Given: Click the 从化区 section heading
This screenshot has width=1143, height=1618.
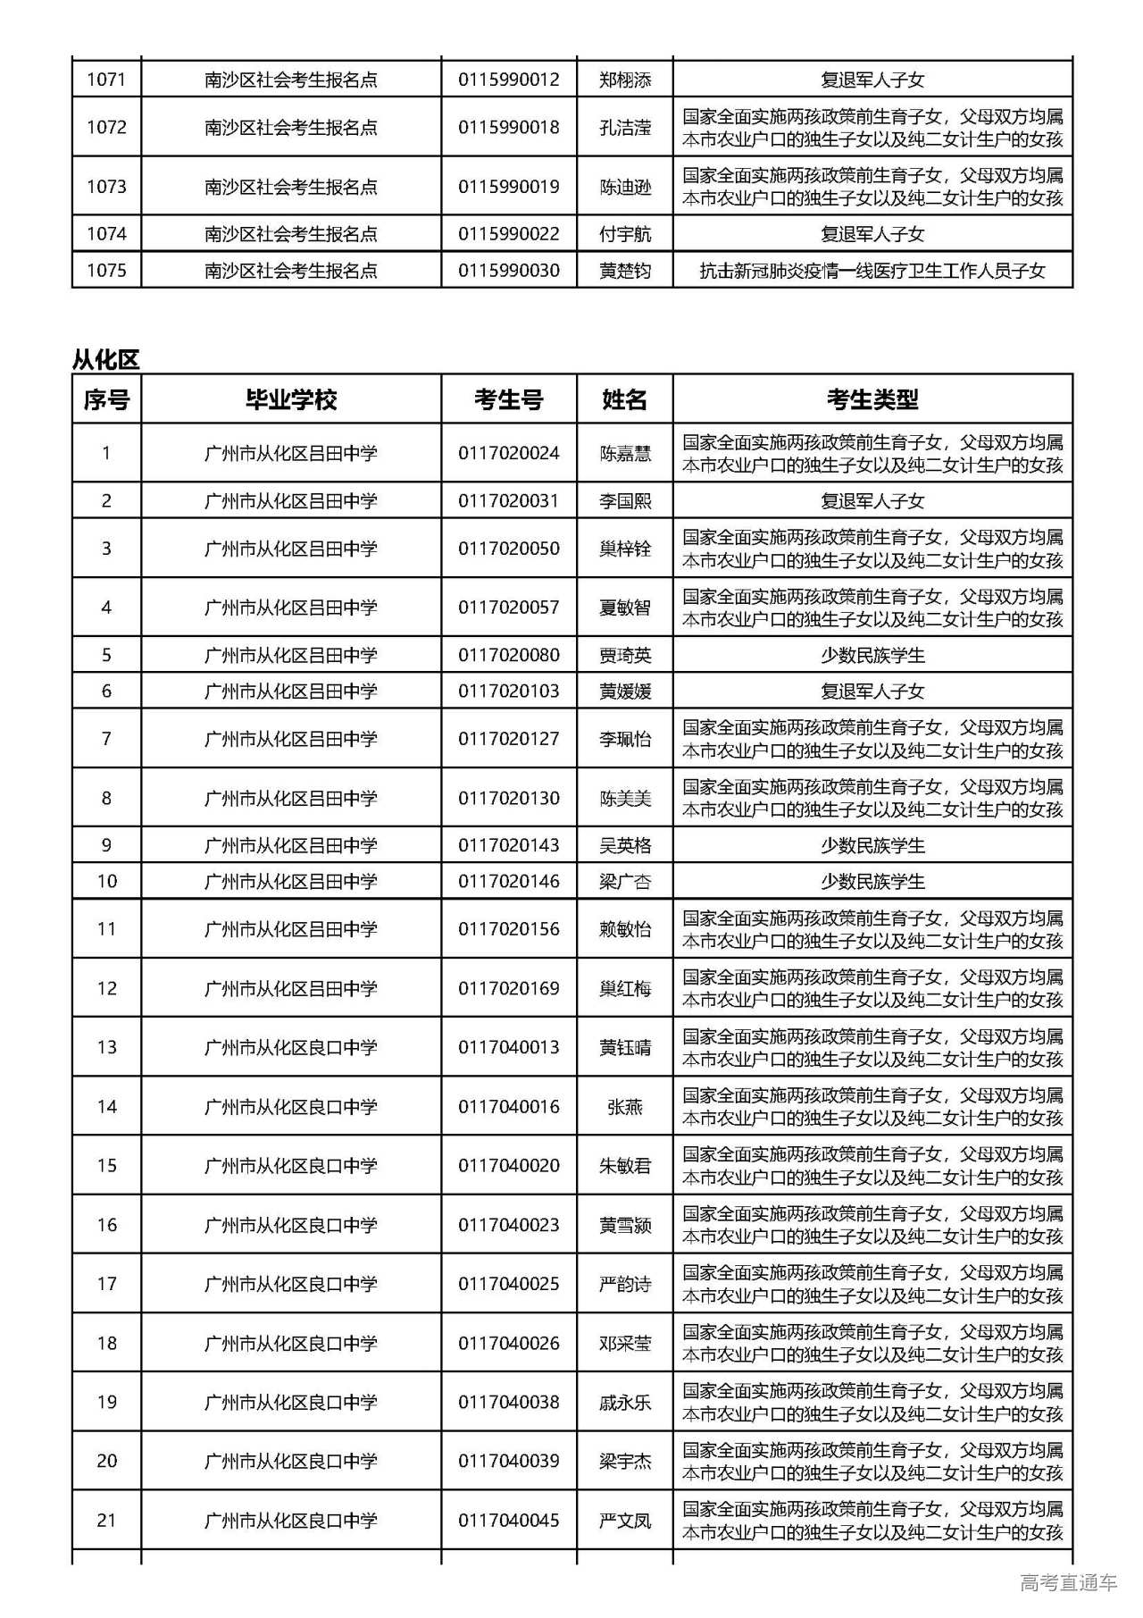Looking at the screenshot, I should pos(105,360).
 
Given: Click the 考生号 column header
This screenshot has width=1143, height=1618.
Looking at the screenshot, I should pos(508,399).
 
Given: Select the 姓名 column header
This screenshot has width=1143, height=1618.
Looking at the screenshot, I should pos(624,399).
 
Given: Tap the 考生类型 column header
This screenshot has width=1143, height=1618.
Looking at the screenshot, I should pos(872,399).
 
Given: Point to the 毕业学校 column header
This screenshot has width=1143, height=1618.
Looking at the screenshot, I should pos(291,399).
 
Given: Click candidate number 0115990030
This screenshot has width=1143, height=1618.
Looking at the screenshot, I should pos(508,271).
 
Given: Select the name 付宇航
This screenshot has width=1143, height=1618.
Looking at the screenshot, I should pos(624,234).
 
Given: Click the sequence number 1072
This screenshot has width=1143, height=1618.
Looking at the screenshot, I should pos(106,127).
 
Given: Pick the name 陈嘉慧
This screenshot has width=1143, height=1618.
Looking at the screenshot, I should pos(624,454).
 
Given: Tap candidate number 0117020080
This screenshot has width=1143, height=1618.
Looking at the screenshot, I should pos(508,655).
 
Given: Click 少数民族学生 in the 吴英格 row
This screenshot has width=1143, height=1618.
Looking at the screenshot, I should pos(872,845).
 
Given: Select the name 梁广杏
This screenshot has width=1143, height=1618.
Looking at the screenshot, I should pos(624,882).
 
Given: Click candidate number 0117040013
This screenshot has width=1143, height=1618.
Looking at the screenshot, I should pos(508,1047).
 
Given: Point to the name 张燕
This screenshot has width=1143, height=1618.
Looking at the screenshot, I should pos(624,1107).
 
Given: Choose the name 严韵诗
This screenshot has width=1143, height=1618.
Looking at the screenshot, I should pos(624,1284).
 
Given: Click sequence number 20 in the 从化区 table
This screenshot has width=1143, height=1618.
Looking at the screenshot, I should pos(106,1461).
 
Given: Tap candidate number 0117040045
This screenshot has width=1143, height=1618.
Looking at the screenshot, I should pos(508,1520).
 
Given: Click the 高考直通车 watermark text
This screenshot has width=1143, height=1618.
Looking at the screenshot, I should pos(1068,1583).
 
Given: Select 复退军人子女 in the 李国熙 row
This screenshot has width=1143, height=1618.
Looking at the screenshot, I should pos(872,501).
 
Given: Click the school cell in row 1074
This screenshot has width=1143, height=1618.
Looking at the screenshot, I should pos(291,234).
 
